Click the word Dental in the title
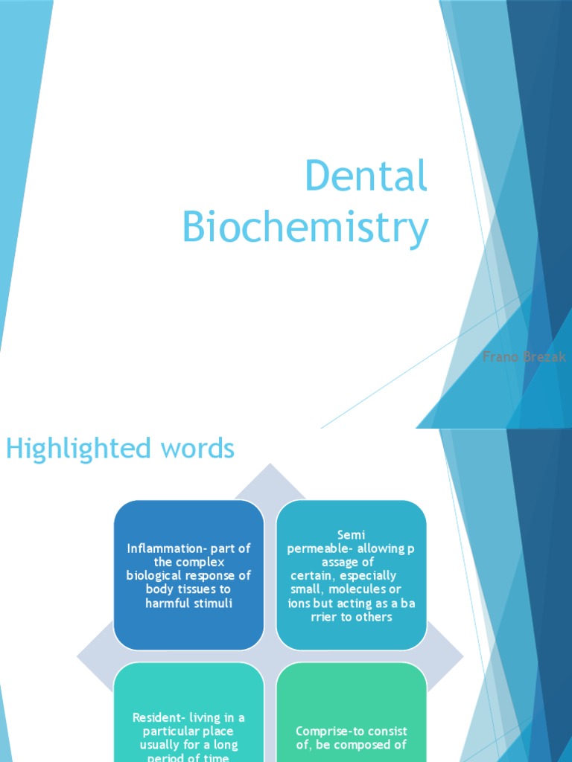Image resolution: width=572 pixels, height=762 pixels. [366, 177]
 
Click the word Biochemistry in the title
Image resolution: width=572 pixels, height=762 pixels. [305, 227]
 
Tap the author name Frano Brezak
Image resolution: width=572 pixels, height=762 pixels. [524, 357]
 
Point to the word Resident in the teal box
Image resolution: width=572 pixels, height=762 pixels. [159, 717]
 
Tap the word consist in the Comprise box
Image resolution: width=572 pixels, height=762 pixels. [387, 731]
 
